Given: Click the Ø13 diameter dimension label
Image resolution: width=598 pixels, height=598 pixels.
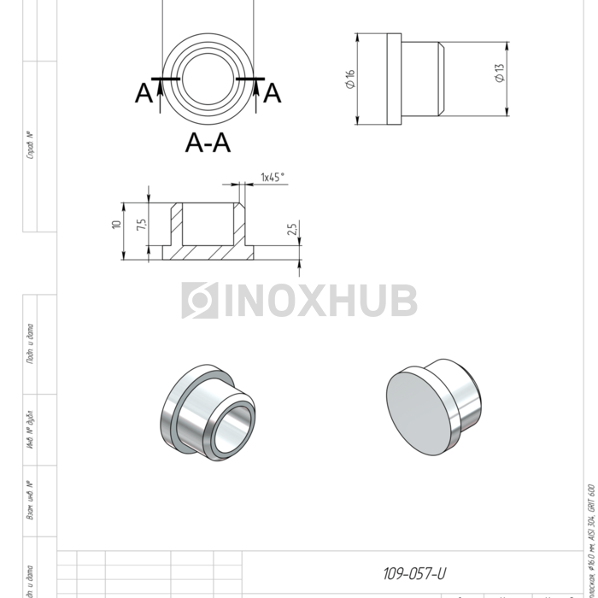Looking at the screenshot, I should click(x=500, y=73).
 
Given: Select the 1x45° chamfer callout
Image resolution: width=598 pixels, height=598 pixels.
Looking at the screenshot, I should click(x=273, y=177).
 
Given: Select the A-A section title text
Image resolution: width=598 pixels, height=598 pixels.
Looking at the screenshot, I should click(x=208, y=144).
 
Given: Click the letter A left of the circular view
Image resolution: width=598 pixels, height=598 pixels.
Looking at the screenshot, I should click(x=144, y=93).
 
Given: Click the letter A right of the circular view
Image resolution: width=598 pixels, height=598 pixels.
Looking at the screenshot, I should click(x=272, y=92).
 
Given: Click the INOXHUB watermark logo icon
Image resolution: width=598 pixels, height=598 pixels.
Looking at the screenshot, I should click(x=199, y=301).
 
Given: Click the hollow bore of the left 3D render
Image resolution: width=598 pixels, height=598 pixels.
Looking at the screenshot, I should click(x=232, y=426).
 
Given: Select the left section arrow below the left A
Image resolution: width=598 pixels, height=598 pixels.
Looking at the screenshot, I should click(x=160, y=94).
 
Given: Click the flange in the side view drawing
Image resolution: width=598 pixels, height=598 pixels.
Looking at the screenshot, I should click(x=394, y=79).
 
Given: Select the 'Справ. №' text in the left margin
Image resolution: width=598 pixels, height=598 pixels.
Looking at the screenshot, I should click(x=31, y=145).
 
